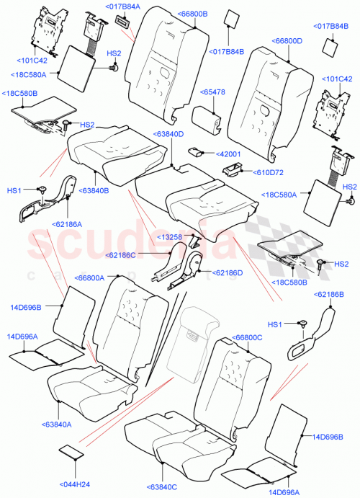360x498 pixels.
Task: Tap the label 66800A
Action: (89, 277)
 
